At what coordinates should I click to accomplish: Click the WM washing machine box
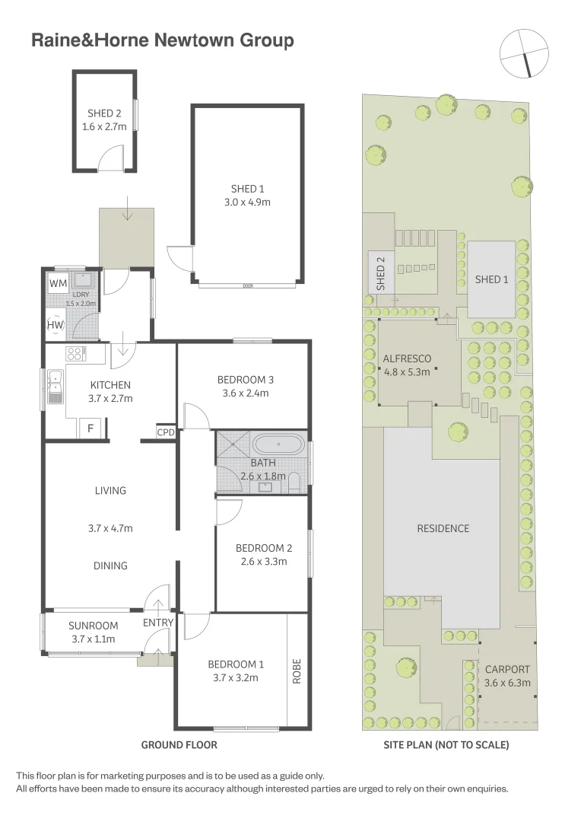[58, 283]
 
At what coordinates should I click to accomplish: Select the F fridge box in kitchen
[90, 429]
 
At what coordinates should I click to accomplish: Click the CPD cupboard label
[166, 432]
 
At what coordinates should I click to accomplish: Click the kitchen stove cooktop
[76, 353]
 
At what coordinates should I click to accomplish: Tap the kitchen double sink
[55, 386]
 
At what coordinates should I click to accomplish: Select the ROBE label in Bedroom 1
[297, 670]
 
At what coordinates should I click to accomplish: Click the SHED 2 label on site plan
[381, 272]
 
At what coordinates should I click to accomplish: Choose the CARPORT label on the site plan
[507, 669]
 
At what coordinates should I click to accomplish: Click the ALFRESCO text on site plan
[407, 358]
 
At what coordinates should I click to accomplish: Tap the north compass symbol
[524, 53]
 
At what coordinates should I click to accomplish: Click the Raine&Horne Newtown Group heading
[162, 40]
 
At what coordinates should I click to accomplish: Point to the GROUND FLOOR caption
[179, 745]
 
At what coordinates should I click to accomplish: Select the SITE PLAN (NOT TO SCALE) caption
[446, 745]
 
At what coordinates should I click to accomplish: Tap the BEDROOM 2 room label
[264, 548]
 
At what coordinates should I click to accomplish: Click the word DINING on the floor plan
[111, 566]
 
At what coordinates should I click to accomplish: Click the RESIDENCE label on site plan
[443, 528]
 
